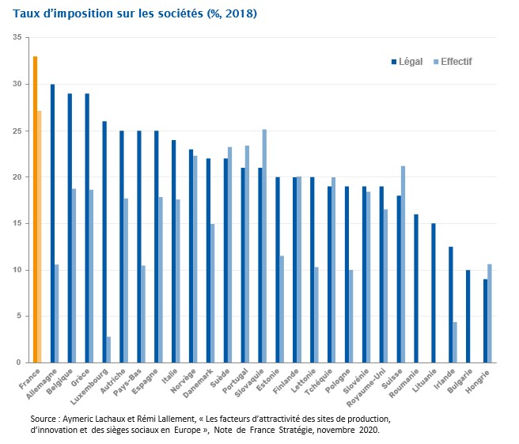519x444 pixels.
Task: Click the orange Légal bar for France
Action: (36, 210)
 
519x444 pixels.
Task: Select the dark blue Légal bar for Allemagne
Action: (53, 223)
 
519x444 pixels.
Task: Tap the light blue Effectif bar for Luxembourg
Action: (109, 349)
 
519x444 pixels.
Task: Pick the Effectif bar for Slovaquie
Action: (265, 246)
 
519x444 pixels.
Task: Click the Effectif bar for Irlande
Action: (455, 342)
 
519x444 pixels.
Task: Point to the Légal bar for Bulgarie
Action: (468, 316)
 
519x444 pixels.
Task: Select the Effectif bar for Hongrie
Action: (490, 313)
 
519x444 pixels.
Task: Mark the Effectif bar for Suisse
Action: (403, 264)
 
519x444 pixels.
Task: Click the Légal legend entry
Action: (407, 62)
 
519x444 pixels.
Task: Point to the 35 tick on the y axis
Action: (17, 37)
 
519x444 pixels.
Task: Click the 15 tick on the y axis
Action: (17, 224)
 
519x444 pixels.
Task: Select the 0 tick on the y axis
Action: (19, 363)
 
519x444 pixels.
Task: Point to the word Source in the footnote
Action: (44, 417)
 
